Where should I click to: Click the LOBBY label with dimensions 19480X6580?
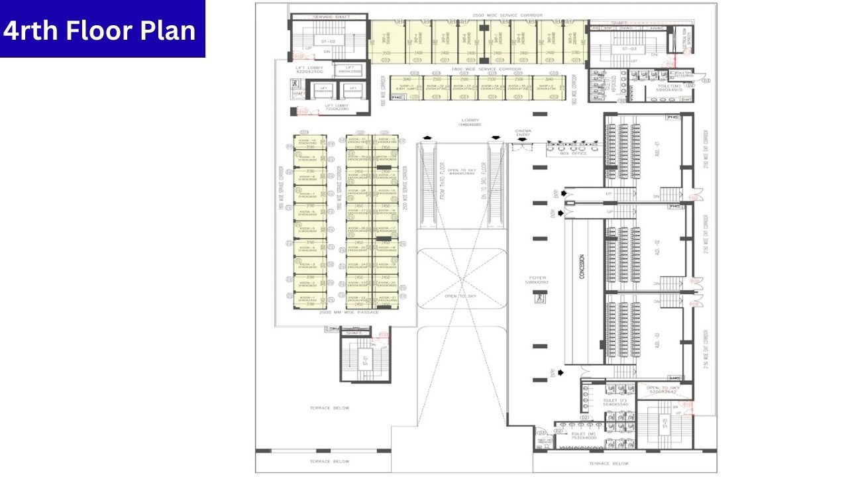click(471, 123)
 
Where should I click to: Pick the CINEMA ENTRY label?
click(523, 133)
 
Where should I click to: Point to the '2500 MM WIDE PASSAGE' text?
click(349, 312)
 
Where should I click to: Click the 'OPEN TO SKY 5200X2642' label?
click(662, 390)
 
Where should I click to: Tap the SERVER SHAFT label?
click(331, 16)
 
